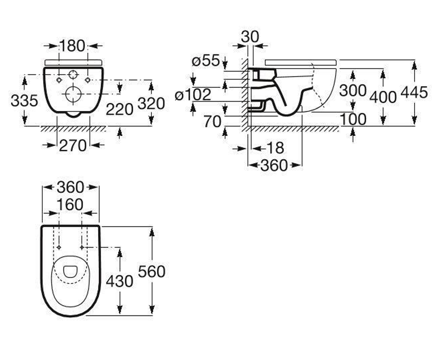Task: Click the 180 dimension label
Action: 73,46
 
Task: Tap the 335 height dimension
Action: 24,101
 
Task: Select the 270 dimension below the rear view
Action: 73,146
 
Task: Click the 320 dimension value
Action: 151,103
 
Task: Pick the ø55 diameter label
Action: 206,60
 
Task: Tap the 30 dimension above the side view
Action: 250,37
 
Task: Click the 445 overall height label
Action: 414,92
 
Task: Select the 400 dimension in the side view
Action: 383,97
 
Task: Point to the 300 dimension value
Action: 353,91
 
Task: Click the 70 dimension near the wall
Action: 213,122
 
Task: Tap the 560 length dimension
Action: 152,272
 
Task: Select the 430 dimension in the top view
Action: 120,282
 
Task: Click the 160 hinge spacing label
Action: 70,205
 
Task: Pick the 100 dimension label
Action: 353,119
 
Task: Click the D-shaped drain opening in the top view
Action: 64,272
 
